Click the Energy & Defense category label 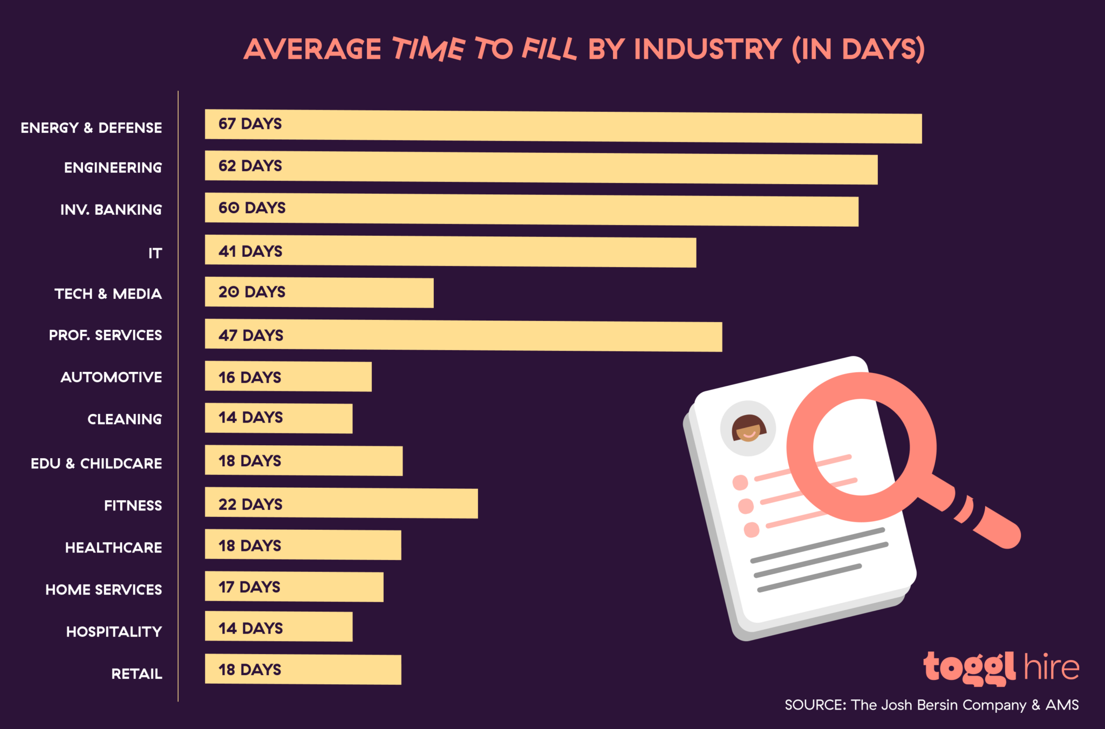pyautogui.click(x=91, y=128)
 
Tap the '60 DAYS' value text pyautogui.click(x=252, y=208)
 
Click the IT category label pyautogui.click(x=155, y=253)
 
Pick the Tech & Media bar pyautogui.click(x=319, y=293)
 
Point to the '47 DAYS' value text pyautogui.click(x=251, y=336)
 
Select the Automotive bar pyautogui.click(x=288, y=377)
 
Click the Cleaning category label pyautogui.click(x=125, y=419)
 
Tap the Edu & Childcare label pyautogui.click(x=96, y=464)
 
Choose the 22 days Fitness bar pyautogui.click(x=341, y=503)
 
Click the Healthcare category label pyautogui.click(x=113, y=548)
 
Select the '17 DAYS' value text pyautogui.click(x=249, y=587)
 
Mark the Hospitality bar pyautogui.click(x=278, y=626)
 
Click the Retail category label pyautogui.click(x=137, y=674)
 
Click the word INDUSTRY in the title pyautogui.click(x=707, y=49)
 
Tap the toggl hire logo pyautogui.click(x=1001, y=668)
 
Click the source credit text pyautogui.click(x=931, y=705)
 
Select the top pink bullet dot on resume pyautogui.click(x=740, y=482)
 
